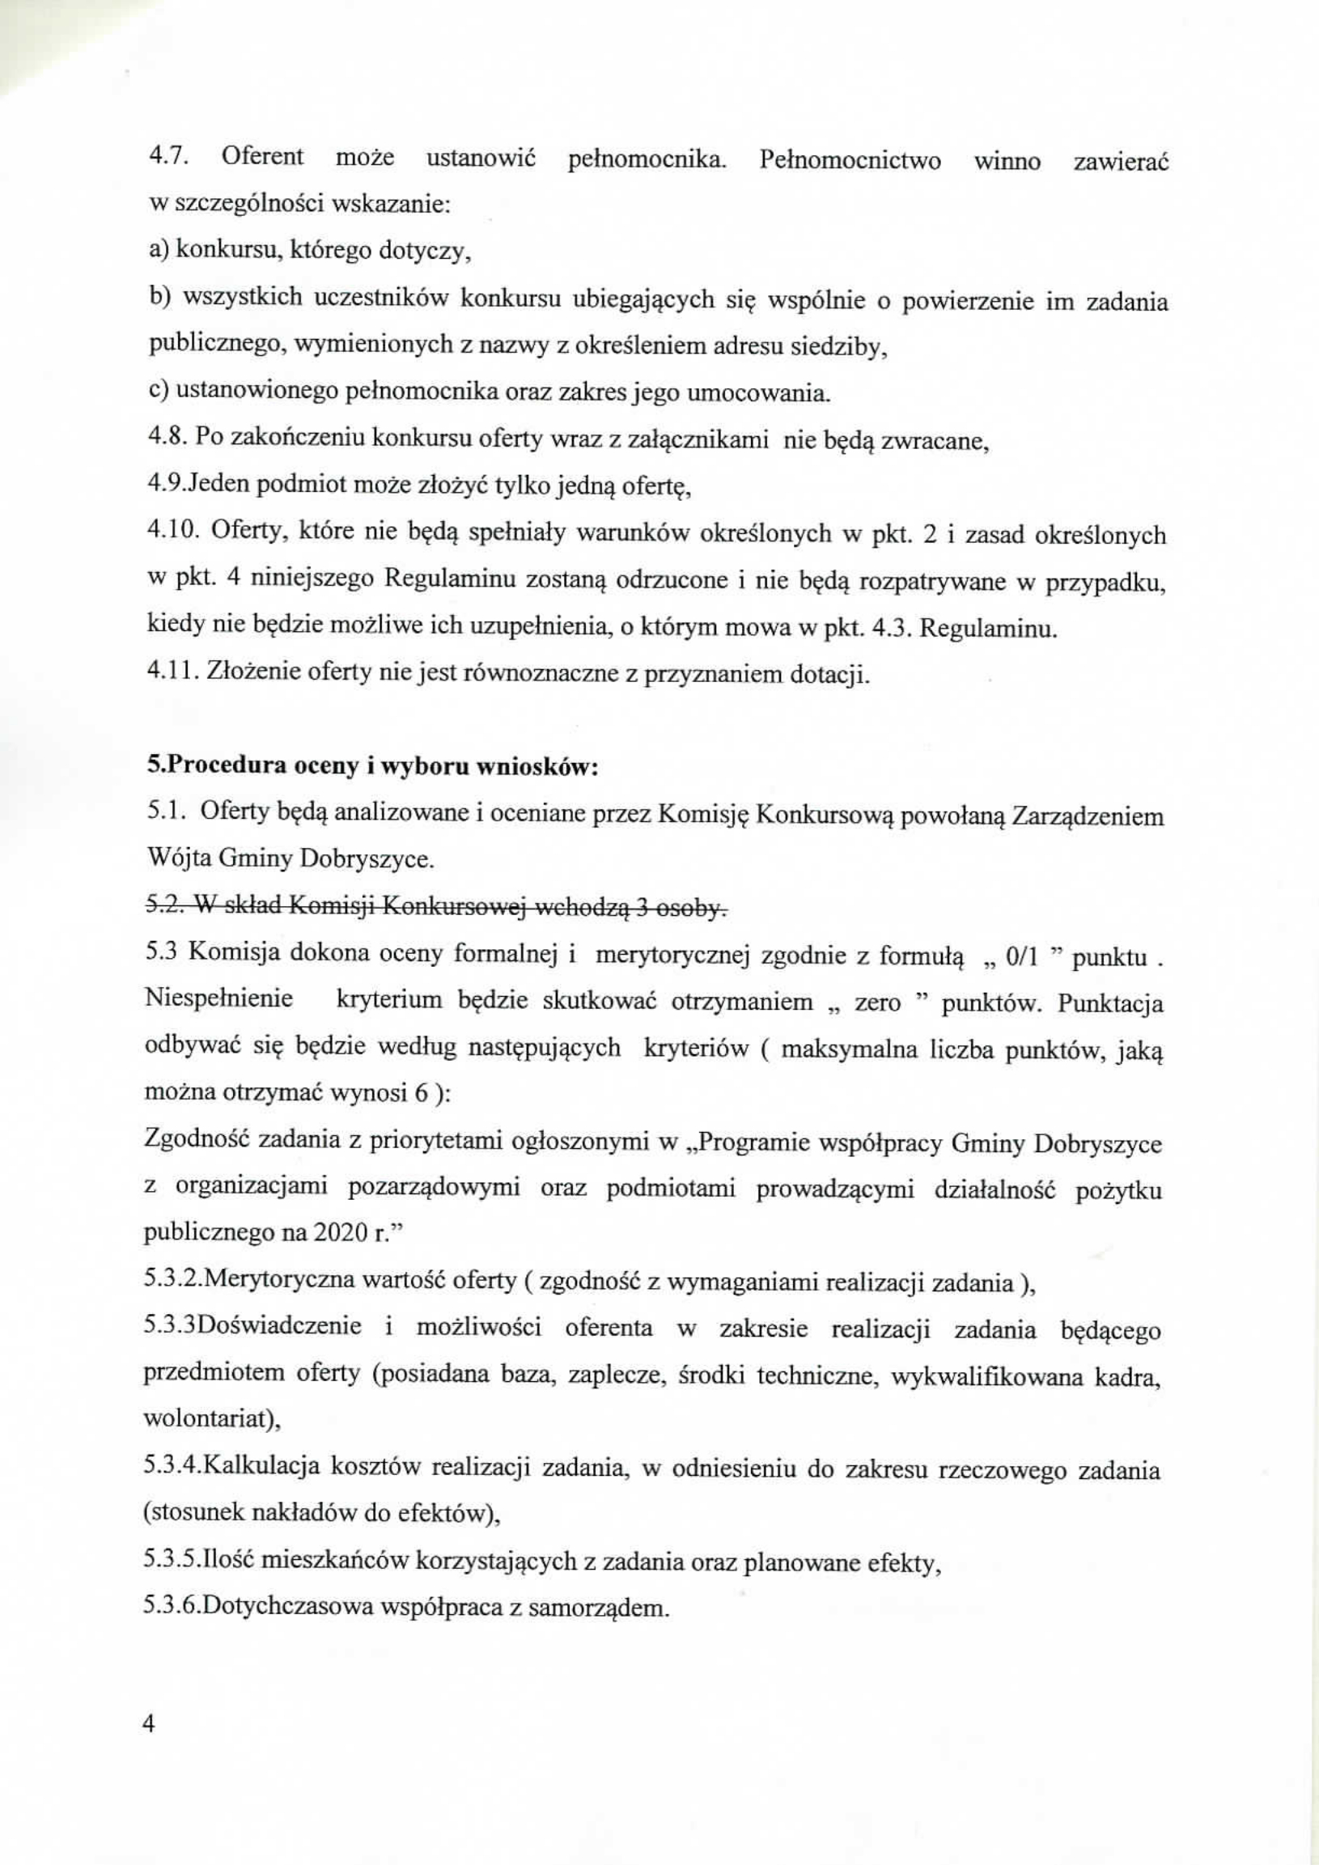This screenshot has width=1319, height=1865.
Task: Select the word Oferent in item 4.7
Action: point(262,157)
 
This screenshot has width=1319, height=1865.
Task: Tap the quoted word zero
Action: point(877,1002)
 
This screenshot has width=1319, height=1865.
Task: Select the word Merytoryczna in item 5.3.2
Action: point(276,1280)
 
